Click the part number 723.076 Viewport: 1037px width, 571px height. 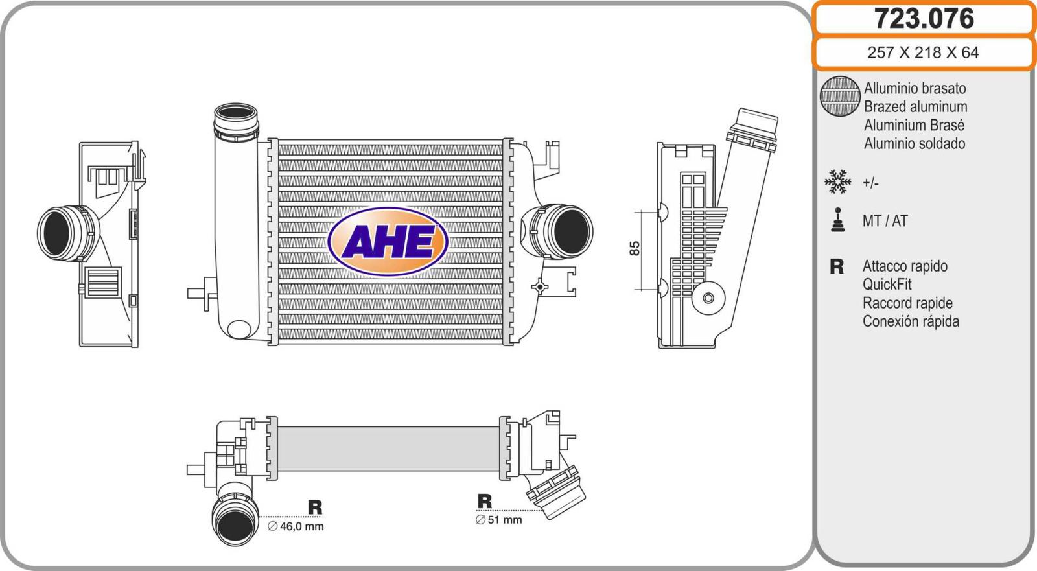(924, 19)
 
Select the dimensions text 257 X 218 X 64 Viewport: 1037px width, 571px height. (923, 52)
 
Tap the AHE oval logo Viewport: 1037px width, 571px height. (388, 241)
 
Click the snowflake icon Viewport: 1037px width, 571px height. (837, 181)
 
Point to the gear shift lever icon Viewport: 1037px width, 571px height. (837, 220)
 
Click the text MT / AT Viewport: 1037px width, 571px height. (885, 221)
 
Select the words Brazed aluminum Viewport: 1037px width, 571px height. (915, 106)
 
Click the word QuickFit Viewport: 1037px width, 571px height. (887, 284)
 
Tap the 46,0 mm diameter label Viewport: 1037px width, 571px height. (296, 526)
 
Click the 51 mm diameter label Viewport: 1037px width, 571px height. (498, 520)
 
